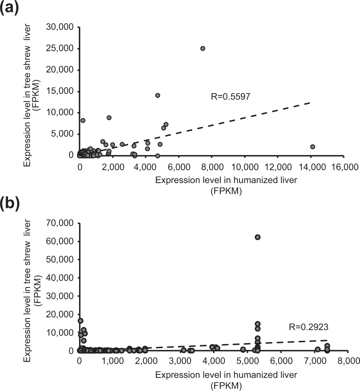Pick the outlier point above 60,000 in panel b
coord(258,237)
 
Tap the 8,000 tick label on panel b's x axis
coord(337,361)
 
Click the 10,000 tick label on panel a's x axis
coord(245,166)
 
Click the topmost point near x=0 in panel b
coord(80,321)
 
